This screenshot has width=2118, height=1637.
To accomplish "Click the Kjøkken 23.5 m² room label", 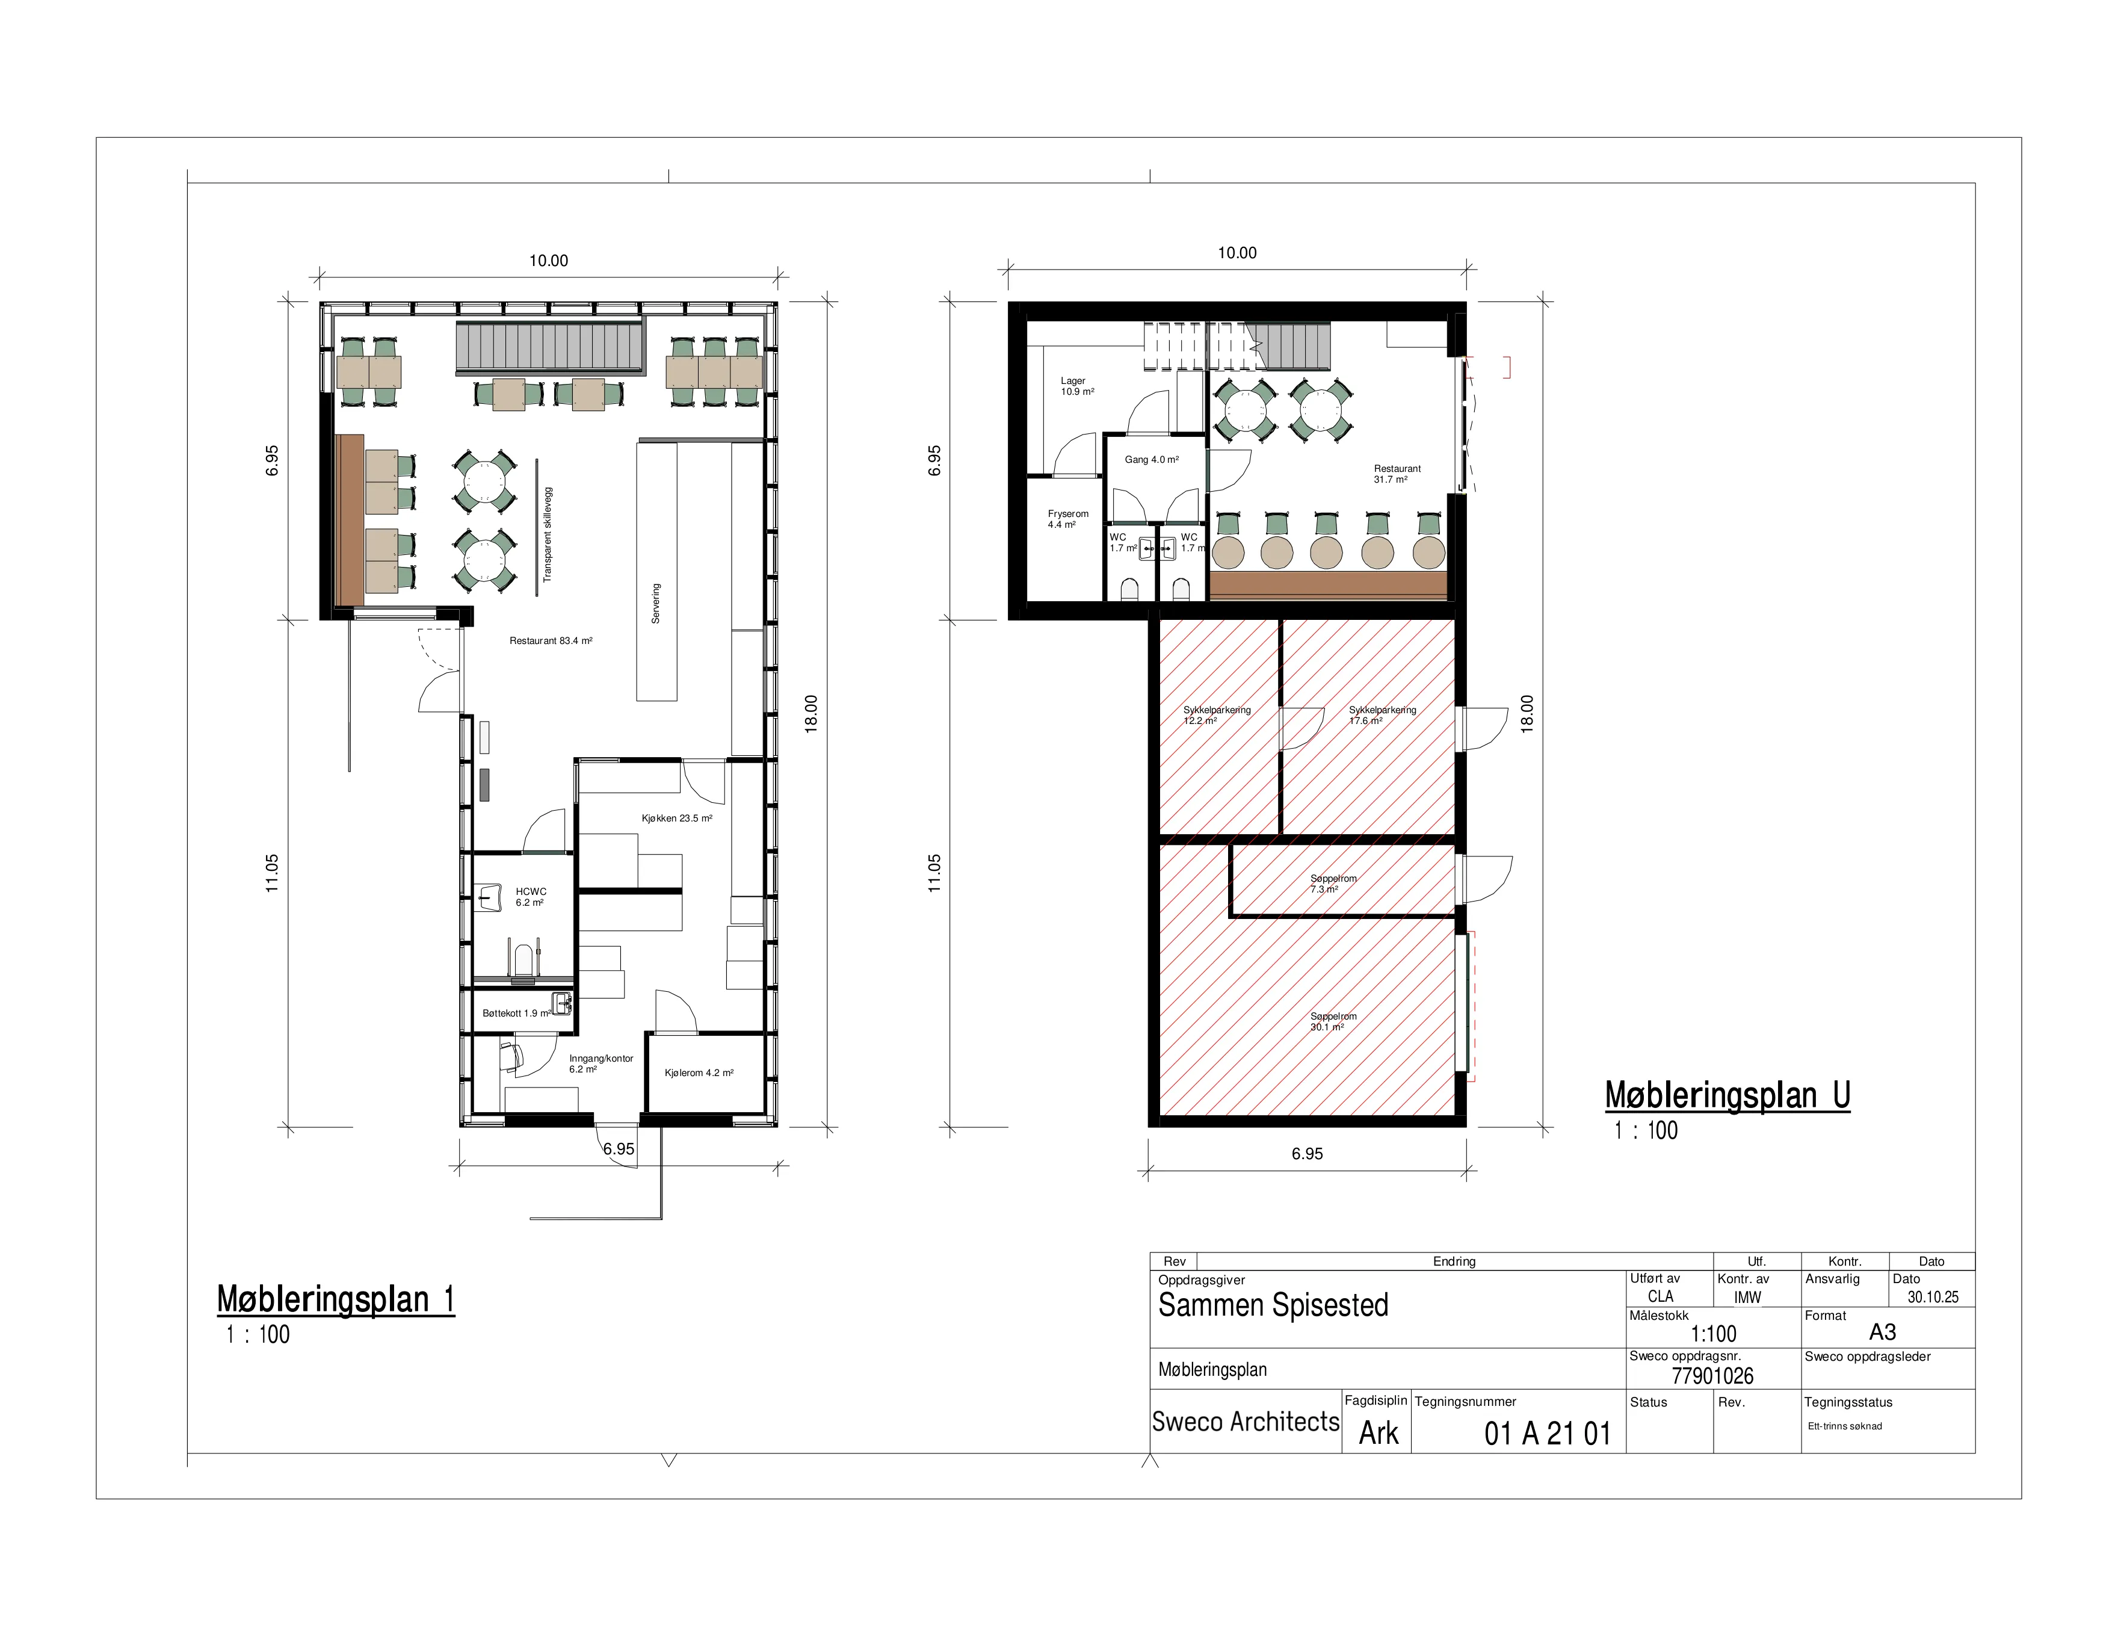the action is click(x=677, y=818).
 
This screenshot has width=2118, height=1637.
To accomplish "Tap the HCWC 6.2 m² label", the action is click(x=531, y=897).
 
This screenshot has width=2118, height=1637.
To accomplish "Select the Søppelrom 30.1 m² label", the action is click(x=1333, y=1022).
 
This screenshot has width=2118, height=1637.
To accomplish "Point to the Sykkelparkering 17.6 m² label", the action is click(x=1382, y=716).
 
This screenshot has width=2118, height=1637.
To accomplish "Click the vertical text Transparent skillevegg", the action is click(x=547, y=534).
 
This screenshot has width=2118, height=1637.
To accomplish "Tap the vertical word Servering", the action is click(x=656, y=603).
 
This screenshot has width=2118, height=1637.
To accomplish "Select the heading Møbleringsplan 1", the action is click(x=336, y=1299).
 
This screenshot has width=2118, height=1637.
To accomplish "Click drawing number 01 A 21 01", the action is click(x=1548, y=1434).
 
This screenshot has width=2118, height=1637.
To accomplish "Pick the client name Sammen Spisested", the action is click(x=1273, y=1305).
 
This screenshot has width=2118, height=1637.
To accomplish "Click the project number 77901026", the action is click(x=1712, y=1376).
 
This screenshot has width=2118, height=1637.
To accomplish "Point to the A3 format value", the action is click(x=1882, y=1332).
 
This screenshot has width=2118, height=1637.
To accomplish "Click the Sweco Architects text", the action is click(x=1245, y=1422).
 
